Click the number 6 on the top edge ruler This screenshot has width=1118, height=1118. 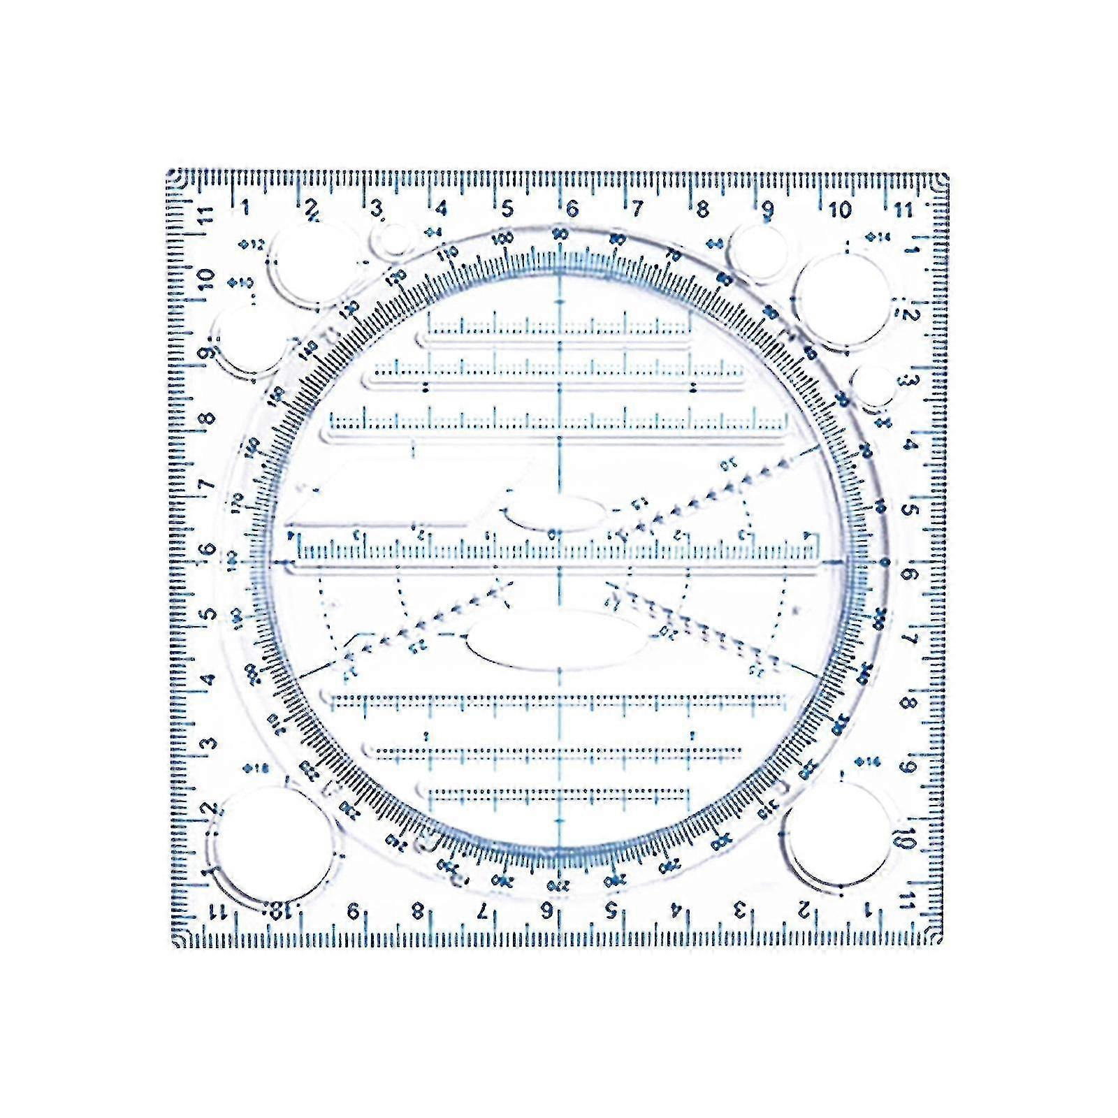point(572,208)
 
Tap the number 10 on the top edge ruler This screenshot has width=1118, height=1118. point(840,209)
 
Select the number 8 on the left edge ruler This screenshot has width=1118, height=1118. point(207,419)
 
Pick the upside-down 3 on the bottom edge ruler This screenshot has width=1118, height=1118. point(740,910)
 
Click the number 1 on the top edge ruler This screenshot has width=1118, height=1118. point(245,207)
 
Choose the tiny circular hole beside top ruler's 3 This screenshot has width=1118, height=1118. point(393,240)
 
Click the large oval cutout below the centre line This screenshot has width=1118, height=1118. point(558,641)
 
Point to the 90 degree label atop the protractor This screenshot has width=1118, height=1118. point(560,235)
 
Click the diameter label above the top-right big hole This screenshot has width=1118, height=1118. point(878,238)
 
